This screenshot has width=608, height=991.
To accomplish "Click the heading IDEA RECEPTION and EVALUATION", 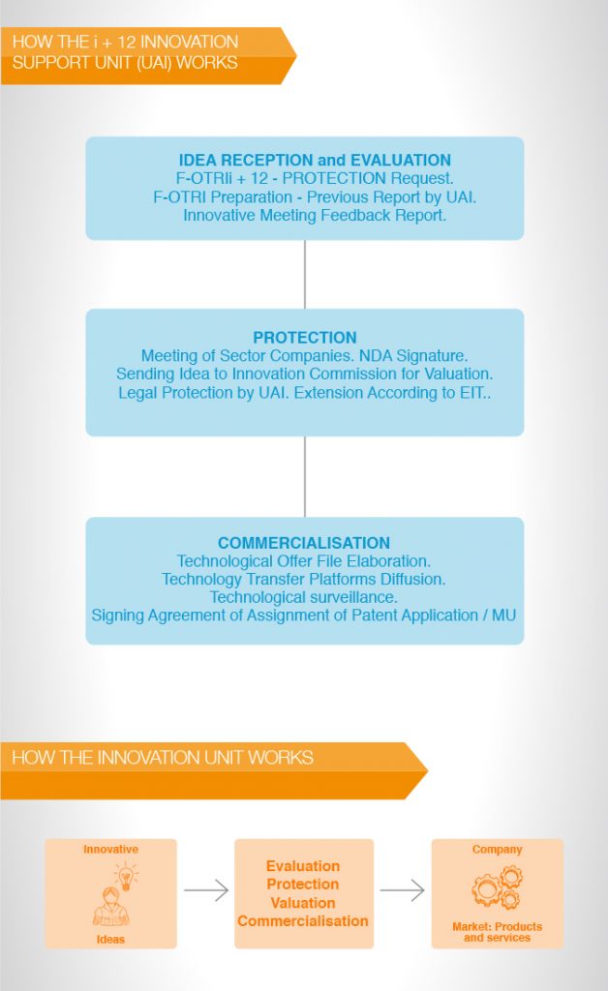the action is (x=315, y=160).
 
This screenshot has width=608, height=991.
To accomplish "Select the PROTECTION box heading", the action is (x=305, y=338).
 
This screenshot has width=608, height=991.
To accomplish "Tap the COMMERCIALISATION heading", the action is (x=304, y=543).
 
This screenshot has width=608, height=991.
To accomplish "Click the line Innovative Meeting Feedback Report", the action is (x=315, y=216).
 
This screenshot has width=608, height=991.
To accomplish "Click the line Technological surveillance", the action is (x=303, y=597).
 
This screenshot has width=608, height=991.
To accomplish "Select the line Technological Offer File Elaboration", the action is (x=303, y=561).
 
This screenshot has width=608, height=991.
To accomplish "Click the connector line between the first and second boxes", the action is (x=305, y=274).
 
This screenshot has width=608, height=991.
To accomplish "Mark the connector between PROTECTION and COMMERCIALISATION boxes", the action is (x=305, y=476).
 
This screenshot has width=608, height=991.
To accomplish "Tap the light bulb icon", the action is (x=127, y=877).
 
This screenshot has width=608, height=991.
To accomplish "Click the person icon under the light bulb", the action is (x=111, y=906).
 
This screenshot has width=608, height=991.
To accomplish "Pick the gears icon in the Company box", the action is (x=497, y=887).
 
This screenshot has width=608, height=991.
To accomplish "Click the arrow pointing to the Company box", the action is (x=402, y=890).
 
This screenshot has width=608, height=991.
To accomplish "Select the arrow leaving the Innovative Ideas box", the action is (x=206, y=890).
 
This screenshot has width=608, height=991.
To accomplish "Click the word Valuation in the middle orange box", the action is (x=303, y=903).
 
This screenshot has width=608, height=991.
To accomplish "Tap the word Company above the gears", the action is (x=497, y=850).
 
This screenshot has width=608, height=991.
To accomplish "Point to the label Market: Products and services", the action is (x=497, y=932).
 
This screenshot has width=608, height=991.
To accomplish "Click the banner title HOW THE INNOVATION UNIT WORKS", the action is (x=163, y=758).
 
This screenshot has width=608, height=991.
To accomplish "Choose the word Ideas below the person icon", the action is (x=110, y=939).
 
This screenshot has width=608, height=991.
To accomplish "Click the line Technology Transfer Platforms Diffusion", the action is (x=303, y=580).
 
